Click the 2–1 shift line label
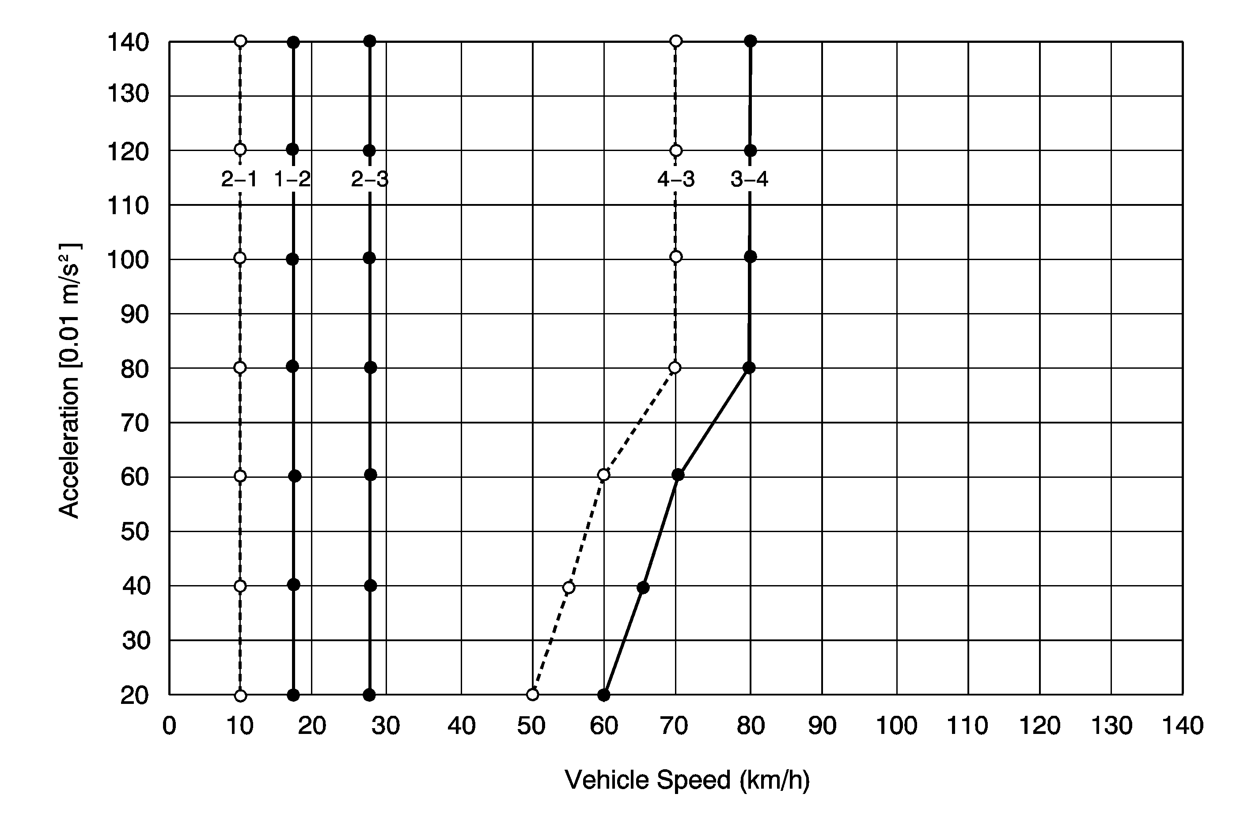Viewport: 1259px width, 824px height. coord(239,180)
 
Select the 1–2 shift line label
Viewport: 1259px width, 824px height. coord(292,180)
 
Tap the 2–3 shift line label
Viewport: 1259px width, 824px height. coord(370,180)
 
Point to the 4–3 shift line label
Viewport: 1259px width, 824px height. coord(675,180)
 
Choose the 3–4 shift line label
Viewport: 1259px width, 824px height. coord(750,180)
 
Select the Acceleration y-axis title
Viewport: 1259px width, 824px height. coord(69,381)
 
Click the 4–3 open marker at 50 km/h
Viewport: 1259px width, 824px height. coord(533,695)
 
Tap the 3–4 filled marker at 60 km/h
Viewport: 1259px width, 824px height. coord(603,695)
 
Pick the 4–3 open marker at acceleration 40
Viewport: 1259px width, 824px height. coord(569,588)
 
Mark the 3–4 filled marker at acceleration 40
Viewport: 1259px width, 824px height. coord(643,588)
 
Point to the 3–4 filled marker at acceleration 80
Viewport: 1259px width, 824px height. coord(749,367)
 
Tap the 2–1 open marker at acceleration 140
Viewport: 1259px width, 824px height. coord(240,41)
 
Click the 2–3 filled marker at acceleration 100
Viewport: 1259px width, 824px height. coord(370,258)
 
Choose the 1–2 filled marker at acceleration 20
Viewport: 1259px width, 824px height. coord(294,695)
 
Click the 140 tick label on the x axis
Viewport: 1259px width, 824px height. coord(1182,726)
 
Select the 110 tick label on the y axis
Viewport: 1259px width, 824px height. coord(128,205)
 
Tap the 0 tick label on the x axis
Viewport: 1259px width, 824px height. coord(169,726)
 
